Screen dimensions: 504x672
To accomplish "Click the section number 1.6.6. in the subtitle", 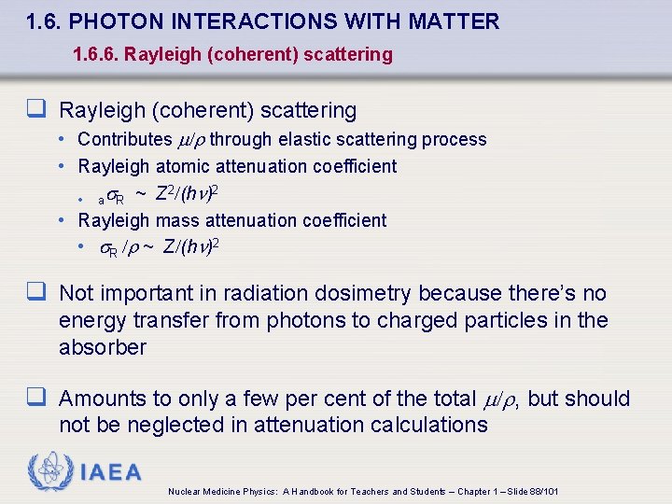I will [98, 54].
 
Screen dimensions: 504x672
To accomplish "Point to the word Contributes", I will [125, 139].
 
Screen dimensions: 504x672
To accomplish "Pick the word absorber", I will [103, 347].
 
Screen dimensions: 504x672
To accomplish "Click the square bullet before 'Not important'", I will [36, 292].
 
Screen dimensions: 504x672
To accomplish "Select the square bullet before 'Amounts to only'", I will [36, 398].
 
